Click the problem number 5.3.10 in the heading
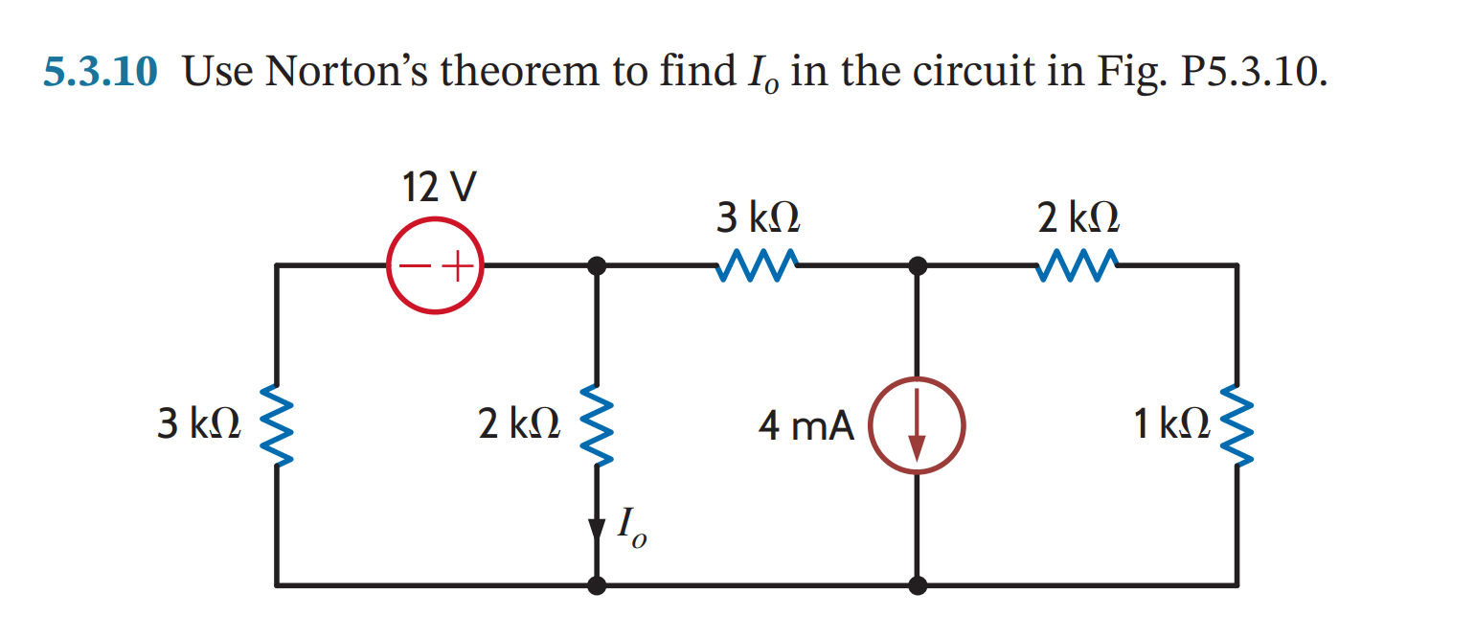(x=100, y=72)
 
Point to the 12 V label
(x=436, y=188)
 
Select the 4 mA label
(x=806, y=426)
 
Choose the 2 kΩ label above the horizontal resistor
(x=1078, y=219)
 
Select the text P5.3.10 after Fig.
(x=1253, y=72)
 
